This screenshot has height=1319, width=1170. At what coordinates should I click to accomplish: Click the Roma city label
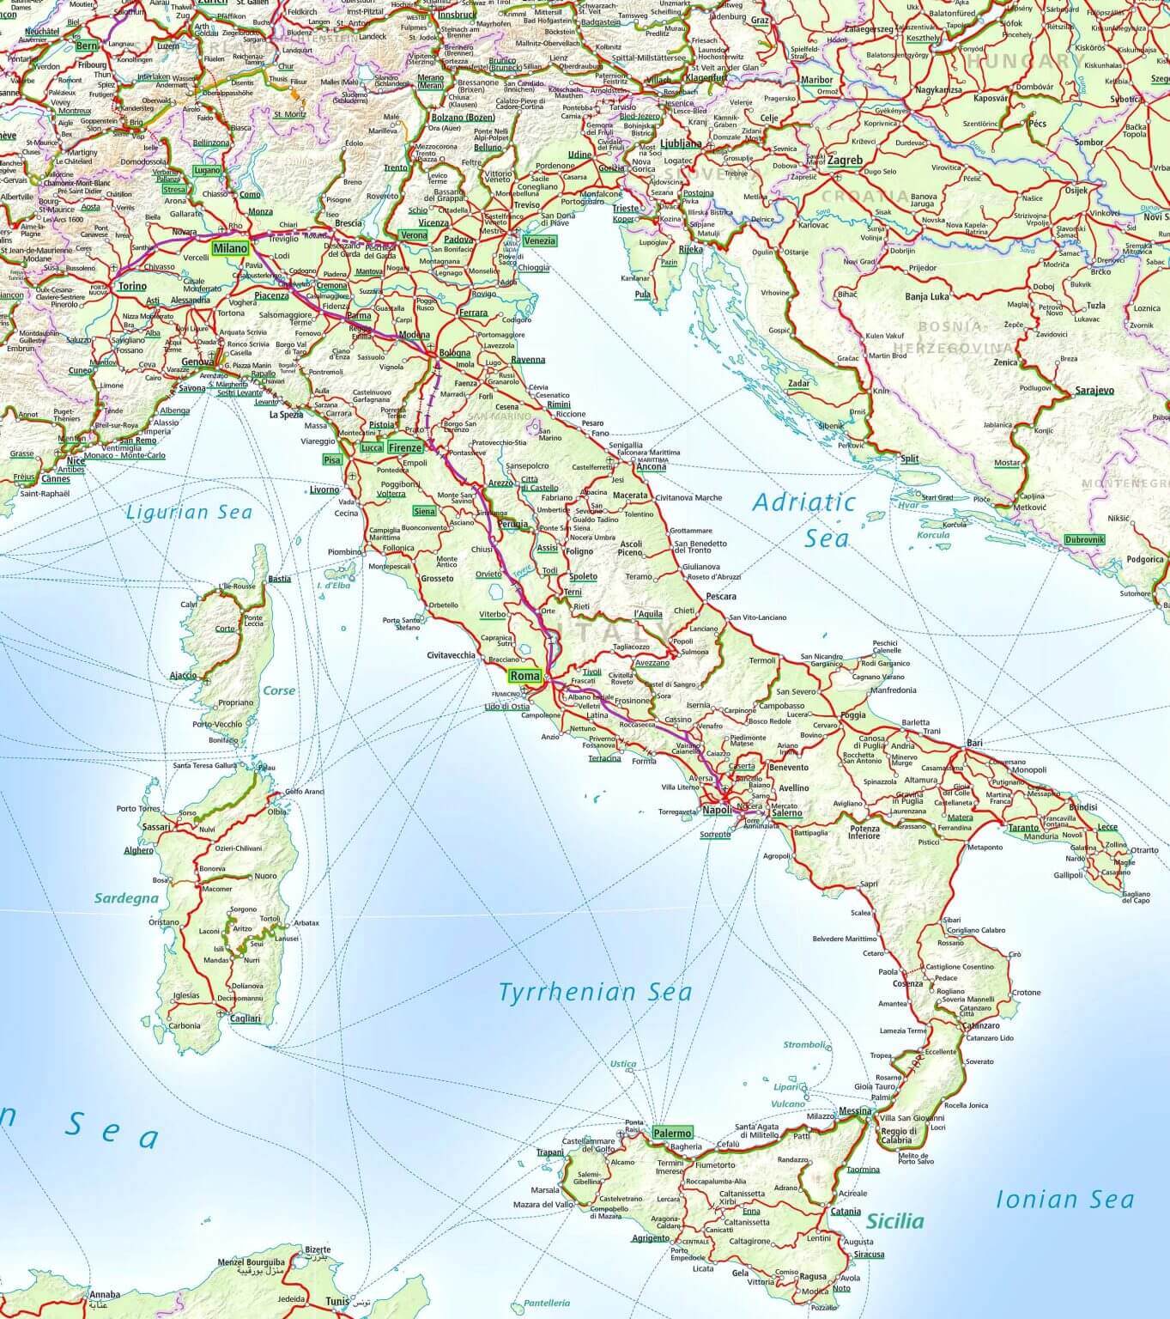pyautogui.click(x=524, y=675)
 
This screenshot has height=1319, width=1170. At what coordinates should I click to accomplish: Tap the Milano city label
pyautogui.click(x=230, y=248)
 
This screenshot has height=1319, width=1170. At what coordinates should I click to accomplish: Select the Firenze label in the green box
pyautogui.click(x=405, y=447)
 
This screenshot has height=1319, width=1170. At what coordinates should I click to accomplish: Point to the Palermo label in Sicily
pyautogui.click(x=671, y=1133)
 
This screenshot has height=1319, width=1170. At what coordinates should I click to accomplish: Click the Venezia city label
pyautogui.click(x=539, y=241)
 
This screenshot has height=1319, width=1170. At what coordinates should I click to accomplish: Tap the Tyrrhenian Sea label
pyautogui.click(x=595, y=992)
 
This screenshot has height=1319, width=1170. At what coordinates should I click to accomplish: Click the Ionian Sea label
pyautogui.click(x=1064, y=1199)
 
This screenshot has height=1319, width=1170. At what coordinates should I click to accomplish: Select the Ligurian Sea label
pyautogui.click(x=189, y=513)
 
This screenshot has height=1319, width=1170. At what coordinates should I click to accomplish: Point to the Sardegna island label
pyautogui.click(x=127, y=898)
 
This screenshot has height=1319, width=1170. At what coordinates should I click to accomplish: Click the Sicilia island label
pyautogui.click(x=895, y=1221)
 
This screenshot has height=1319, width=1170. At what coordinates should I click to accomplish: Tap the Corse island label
pyautogui.click(x=279, y=690)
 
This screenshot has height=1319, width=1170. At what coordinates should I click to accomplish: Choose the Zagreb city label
pyautogui.click(x=845, y=160)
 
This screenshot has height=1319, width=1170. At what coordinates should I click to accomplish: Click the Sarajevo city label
pyautogui.click(x=1094, y=391)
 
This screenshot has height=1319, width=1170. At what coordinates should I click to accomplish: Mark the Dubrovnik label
pyautogui.click(x=1084, y=539)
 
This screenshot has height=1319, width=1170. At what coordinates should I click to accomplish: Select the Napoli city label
pyautogui.click(x=717, y=810)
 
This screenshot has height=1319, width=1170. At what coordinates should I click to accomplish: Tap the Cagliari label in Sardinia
pyautogui.click(x=245, y=1018)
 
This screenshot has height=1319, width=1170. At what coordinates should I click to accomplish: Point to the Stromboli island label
pyautogui.click(x=804, y=1045)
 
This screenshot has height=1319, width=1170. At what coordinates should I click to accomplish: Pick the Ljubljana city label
pyautogui.click(x=682, y=143)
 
